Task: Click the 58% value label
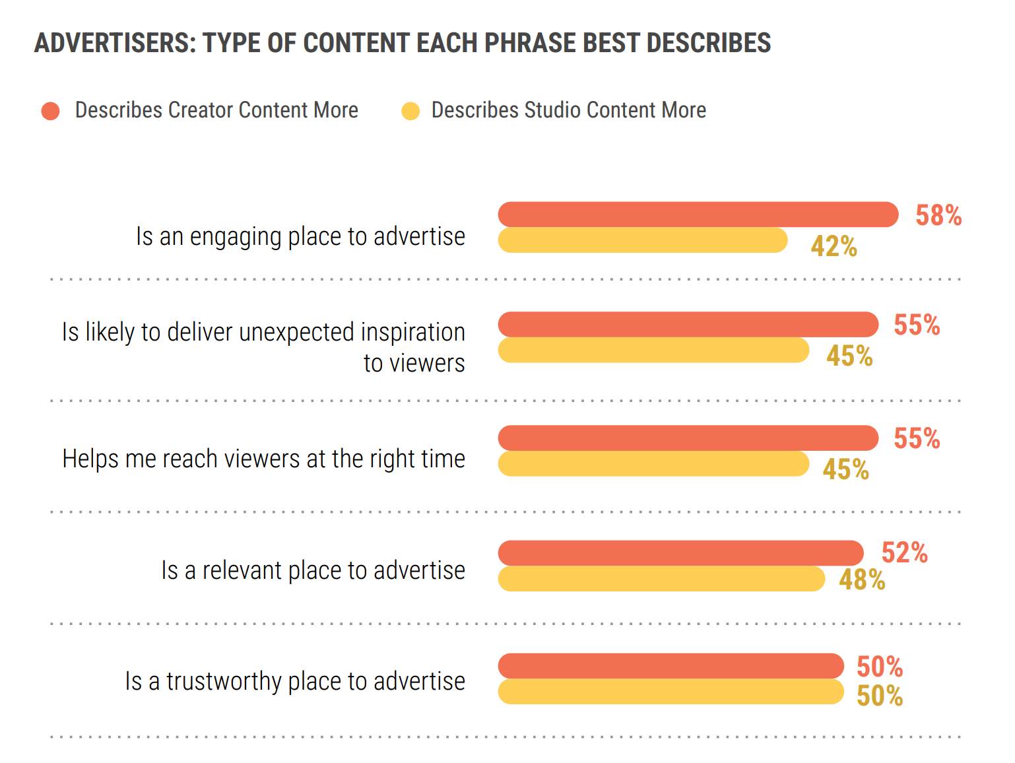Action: (938, 216)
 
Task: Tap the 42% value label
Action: (834, 247)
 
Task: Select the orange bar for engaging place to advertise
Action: (698, 215)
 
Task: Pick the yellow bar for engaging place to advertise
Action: (642, 240)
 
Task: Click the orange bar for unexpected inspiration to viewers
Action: (688, 325)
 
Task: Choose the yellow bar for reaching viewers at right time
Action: (653, 464)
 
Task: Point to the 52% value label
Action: (904, 553)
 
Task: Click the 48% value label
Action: (862, 580)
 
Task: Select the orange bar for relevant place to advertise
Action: (680, 553)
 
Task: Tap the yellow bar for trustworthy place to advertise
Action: (671, 692)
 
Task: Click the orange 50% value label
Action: (879, 667)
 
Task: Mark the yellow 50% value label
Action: (879, 696)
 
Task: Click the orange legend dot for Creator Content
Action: (51, 111)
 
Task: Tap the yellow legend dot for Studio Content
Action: (410, 111)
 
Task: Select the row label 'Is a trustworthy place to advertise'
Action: (295, 681)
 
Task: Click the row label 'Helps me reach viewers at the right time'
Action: (263, 459)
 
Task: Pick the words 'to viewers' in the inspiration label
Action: (414, 363)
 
